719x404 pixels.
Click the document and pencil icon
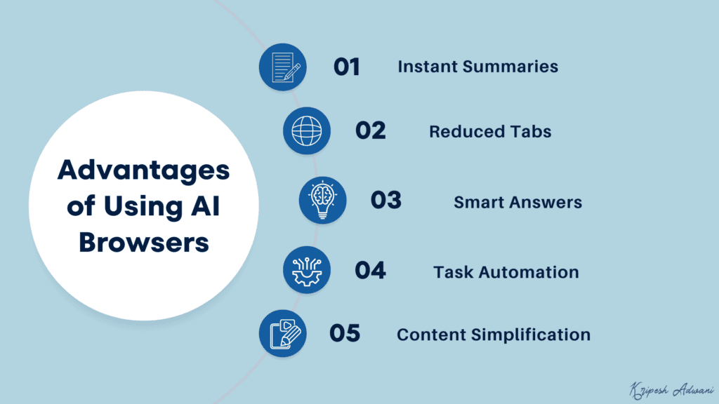pyautogui.click(x=283, y=67)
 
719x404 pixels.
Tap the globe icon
pyautogui.click(x=307, y=131)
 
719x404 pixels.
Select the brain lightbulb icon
pyautogui.click(x=322, y=201)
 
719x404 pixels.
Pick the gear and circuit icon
pyautogui.click(x=307, y=270)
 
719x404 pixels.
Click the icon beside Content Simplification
pyautogui.click(x=283, y=333)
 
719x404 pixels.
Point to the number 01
pyautogui.click(x=346, y=67)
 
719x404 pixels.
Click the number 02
pyautogui.click(x=371, y=131)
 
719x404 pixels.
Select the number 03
pyautogui.click(x=386, y=201)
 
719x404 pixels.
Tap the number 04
pyautogui.click(x=370, y=271)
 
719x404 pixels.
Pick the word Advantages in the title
pyautogui.click(x=143, y=170)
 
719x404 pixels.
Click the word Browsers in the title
pyautogui.click(x=143, y=242)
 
